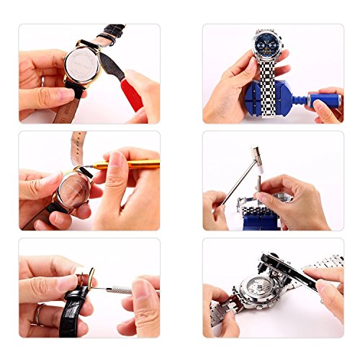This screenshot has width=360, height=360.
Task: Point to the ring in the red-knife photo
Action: click(x=42, y=80)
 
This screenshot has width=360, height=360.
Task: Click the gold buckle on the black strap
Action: click(x=86, y=276)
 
